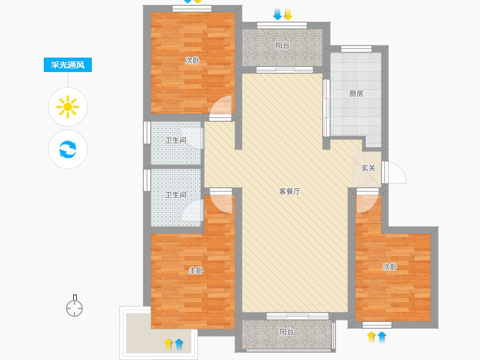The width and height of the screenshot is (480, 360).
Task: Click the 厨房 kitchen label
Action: click(x=356, y=94)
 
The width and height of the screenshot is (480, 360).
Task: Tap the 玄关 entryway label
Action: click(x=368, y=168)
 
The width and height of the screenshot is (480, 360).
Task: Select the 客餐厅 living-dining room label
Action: click(x=289, y=192)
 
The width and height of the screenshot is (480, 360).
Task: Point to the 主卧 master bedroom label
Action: click(x=196, y=271)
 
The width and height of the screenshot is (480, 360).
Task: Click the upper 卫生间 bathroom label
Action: click(x=176, y=140)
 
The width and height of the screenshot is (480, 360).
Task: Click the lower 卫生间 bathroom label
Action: click(x=176, y=195)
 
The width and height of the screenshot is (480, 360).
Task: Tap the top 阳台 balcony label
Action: click(x=283, y=46)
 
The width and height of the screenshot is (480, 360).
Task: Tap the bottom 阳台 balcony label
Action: click(x=286, y=332)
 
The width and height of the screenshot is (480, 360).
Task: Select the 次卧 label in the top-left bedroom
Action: click(x=193, y=61)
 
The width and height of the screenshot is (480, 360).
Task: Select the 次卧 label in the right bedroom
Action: click(x=390, y=267)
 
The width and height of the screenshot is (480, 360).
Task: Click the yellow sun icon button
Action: click(x=68, y=107)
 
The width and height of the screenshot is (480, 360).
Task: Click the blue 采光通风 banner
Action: click(x=68, y=65)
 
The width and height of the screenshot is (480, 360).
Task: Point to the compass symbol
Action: click(x=74, y=307)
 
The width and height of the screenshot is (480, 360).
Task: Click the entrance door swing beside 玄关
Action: click(x=396, y=173)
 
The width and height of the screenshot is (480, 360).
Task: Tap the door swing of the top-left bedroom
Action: click(x=221, y=106)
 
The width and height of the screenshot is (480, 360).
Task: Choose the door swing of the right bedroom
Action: click(x=365, y=203)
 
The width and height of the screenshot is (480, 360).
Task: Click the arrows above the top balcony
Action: click(x=282, y=14)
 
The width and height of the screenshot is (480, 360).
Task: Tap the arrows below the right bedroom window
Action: click(x=377, y=337)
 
